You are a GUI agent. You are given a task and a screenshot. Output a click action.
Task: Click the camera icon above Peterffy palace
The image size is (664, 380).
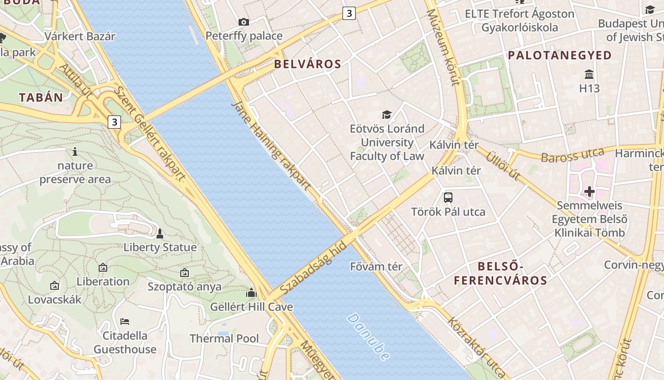point(244,22)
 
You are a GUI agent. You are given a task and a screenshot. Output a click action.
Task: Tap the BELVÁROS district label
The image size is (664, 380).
point(308,64)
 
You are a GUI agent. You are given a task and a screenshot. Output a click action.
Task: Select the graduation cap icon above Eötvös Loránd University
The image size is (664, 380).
point(387,114)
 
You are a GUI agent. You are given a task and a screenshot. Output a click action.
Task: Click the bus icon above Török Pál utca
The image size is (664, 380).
point(448,197)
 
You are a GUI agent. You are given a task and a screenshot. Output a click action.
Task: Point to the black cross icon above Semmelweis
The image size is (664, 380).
point(590,191)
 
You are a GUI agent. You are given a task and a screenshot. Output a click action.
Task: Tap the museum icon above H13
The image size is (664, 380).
point(590,75)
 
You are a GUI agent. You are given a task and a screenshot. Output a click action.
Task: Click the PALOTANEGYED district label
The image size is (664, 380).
point(560,56)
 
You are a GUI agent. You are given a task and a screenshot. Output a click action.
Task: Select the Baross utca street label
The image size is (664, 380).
point(572,155)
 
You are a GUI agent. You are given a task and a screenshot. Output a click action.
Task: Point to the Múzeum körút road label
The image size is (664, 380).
point(443,47)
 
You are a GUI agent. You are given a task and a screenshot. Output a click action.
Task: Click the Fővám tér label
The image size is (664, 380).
point(376,266)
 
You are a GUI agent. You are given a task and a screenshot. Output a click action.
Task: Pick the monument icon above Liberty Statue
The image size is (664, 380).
point(160,234)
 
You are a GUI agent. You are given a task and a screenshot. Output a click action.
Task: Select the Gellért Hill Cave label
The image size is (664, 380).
point(251,307)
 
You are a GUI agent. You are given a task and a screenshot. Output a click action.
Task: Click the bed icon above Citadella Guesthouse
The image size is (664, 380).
point(125,322)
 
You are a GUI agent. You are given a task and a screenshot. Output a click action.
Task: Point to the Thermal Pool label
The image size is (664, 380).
point(224,339)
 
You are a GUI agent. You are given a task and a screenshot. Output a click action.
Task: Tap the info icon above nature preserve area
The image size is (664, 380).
point(75,152)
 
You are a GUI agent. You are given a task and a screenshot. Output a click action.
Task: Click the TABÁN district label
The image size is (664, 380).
point(41,98)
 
